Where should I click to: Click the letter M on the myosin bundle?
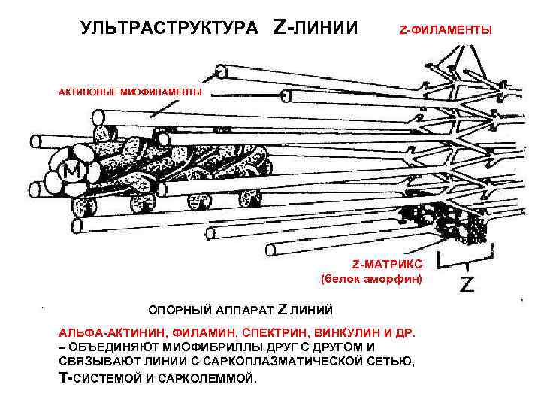[x=74, y=172]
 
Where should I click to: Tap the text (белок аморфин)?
[x=372, y=279]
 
